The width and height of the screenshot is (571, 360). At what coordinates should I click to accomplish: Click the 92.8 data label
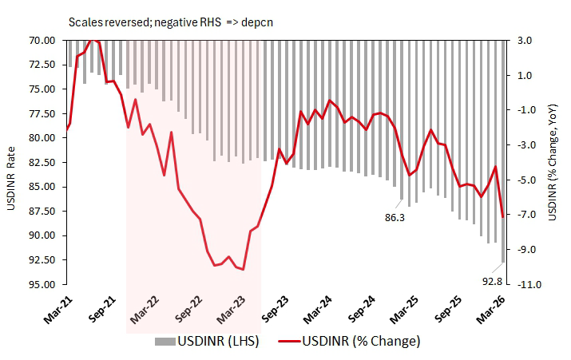(492, 280)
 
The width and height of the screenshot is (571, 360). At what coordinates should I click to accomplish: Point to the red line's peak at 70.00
(93, 40)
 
